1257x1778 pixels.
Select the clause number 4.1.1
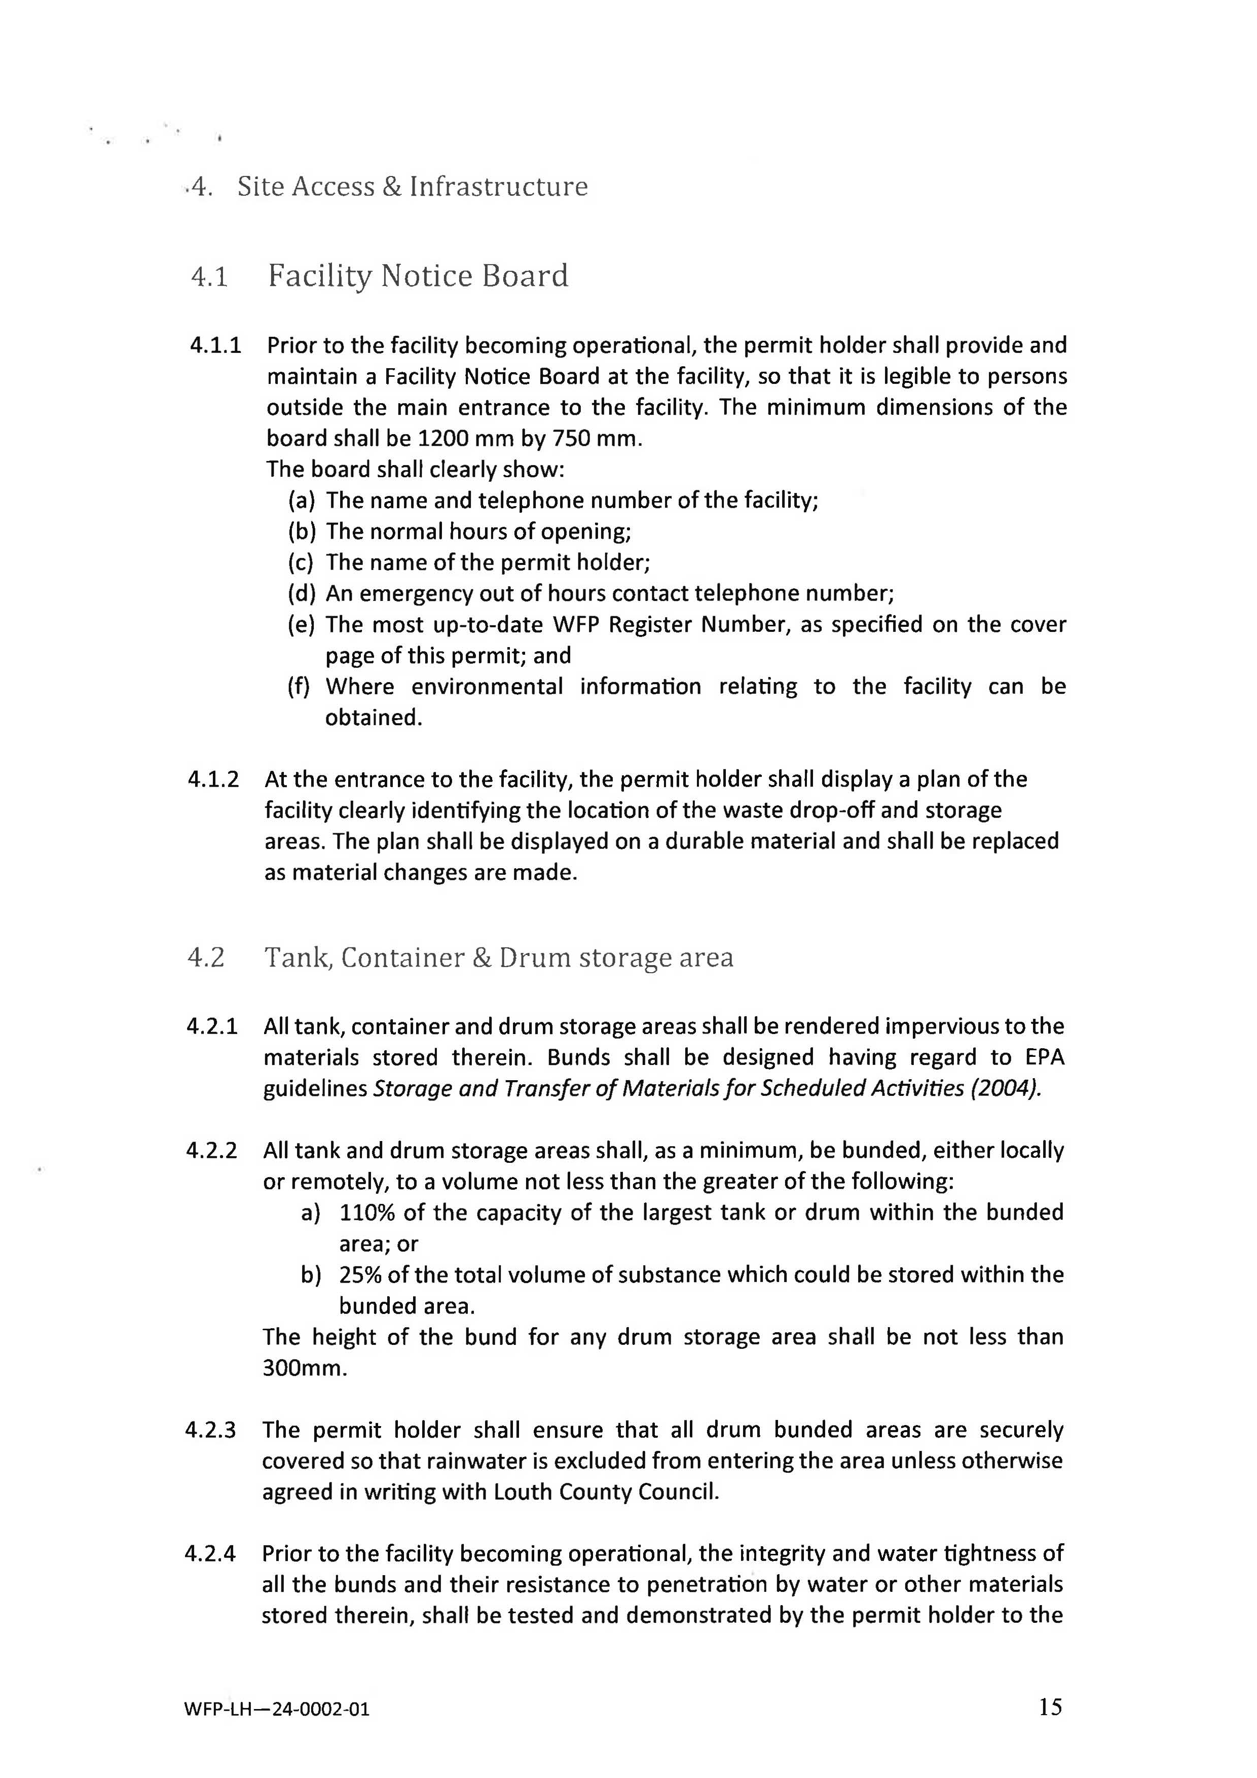(x=215, y=345)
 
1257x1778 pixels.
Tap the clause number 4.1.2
(x=213, y=779)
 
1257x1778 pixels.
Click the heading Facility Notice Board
(x=418, y=276)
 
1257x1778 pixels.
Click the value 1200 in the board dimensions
(x=442, y=438)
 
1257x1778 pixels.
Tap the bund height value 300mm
(x=304, y=1368)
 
